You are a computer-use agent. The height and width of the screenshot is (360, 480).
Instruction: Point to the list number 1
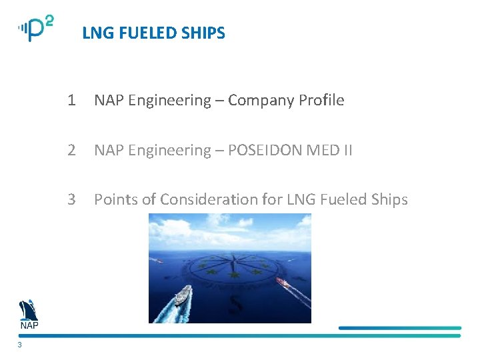click(71, 101)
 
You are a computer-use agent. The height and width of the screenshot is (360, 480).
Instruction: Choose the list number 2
click(71, 150)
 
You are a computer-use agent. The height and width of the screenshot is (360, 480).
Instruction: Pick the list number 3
click(71, 199)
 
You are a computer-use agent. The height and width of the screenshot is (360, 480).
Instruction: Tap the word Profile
click(321, 101)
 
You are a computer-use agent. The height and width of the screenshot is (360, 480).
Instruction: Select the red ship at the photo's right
click(283, 283)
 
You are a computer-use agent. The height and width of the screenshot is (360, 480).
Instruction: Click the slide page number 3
click(20, 345)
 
